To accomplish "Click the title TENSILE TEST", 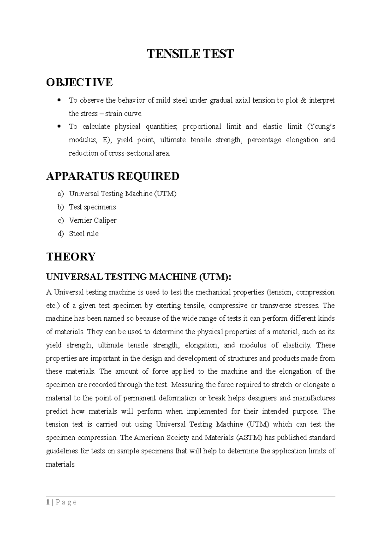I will (190, 54).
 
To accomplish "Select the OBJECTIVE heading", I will (79, 82).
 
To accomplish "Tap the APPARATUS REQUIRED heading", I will (113, 176).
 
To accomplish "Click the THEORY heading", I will (71, 257).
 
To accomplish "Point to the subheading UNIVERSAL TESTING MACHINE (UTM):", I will (139, 277).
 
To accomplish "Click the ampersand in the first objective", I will (303, 100).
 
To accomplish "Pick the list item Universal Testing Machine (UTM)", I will (123, 194).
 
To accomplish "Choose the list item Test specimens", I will (92, 207).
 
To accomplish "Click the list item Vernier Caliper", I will (93, 221).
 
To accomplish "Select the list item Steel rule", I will (84, 234).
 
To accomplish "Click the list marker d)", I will (60, 234).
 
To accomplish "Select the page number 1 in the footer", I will (48, 502).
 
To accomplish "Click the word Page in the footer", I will (66, 503).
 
